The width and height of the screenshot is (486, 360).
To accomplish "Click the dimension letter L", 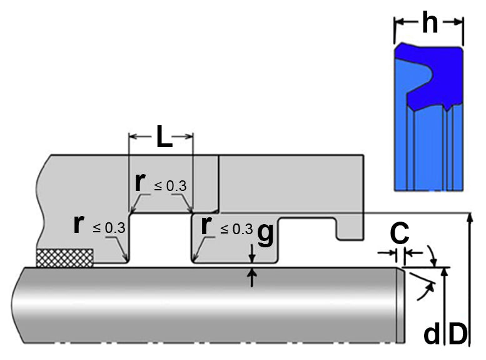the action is click(165, 136).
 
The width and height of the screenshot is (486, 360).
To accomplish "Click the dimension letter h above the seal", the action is click(430, 23).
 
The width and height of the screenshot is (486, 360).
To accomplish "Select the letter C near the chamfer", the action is click(400, 233).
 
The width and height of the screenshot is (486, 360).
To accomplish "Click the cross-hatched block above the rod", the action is click(65, 258).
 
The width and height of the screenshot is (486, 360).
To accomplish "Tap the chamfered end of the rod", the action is click(400, 306).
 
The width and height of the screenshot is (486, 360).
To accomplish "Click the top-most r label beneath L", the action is click(140, 182).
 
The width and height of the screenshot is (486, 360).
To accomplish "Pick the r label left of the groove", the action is click(79, 224).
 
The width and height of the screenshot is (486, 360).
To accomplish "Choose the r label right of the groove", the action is click(206, 225).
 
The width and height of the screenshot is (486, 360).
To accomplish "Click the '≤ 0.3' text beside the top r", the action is click(171, 185).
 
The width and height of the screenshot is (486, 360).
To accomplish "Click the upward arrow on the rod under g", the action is click(252, 278).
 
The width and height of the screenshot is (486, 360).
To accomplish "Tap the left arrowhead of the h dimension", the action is click(398, 23).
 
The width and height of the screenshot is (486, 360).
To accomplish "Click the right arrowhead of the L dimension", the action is click(189, 136).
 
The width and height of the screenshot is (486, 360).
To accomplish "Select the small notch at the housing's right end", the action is click(350, 229).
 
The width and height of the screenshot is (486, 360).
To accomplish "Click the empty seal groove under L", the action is click(160, 238).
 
